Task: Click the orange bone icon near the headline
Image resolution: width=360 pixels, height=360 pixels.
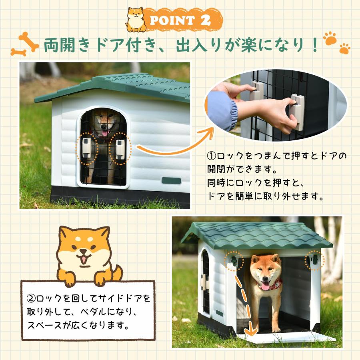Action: [25, 44]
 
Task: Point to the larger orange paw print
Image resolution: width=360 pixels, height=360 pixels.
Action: [330, 38]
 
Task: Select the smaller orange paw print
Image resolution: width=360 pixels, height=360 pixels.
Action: [344, 49]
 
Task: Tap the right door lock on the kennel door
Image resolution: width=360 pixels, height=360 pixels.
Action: [120, 148]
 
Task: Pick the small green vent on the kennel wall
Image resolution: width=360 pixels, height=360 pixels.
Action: [171, 180]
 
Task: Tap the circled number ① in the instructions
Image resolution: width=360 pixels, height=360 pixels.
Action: [211, 155]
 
